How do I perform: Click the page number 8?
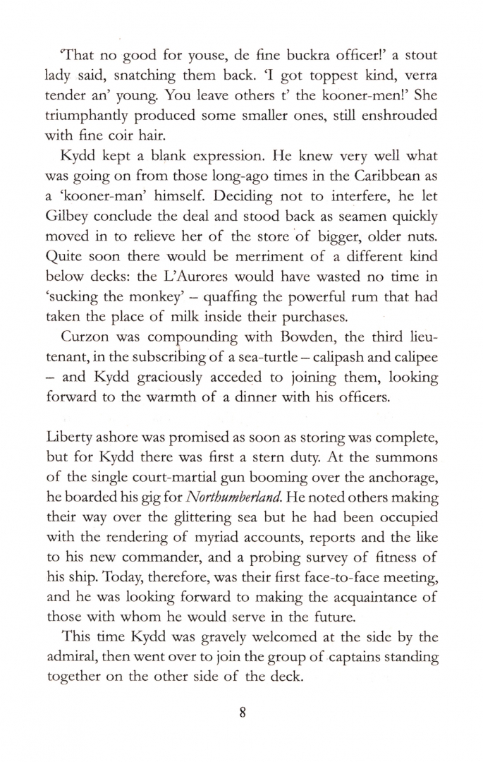point(240,712)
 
